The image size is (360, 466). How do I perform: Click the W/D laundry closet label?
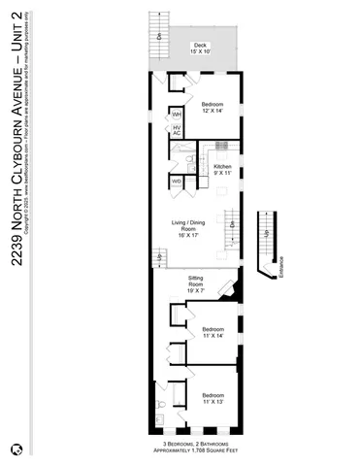point(178,181)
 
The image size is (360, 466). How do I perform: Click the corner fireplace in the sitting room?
point(228,288)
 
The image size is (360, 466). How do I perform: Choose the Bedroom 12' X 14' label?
point(213,106)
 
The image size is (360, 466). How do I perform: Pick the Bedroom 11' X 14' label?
point(213,332)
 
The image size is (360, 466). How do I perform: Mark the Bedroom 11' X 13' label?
point(213,398)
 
